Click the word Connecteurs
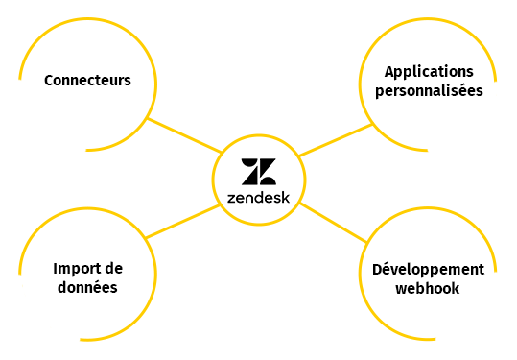pyautogui.click(x=87, y=80)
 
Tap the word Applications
pyautogui.click(x=429, y=72)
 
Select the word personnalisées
pyautogui.click(x=429, y=92)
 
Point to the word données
pyautogui.click(x=85, y=288)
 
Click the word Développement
pyautogui.click(x=428, y=268)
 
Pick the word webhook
pyautogui.click(x=429, y=288)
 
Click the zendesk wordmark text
pyautogui.click(x=258, y=198)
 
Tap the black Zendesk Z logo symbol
pyautogui.click(x=258, y=172)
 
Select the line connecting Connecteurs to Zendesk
pyautogui.click(x=184, y=135)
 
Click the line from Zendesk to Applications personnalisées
pyautogui.click(x=334, y=140)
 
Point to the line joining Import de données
pyautogui.click(x=180, y=221)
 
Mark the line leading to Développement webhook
pyautogui.click(x=336, y=222)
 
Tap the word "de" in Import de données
pyautogui.click(x=113, y=268)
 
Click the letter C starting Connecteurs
pyautogui.click(x=49, y=80)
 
